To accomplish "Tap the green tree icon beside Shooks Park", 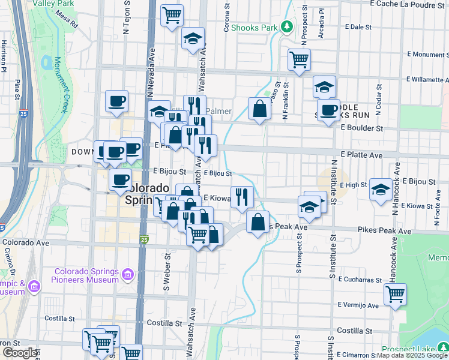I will click(288, 26).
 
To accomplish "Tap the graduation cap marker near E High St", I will click(381, 190).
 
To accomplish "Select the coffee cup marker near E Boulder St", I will click(328, 110).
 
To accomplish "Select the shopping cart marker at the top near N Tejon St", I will click(172, 14).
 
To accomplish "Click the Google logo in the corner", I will click(19, 353).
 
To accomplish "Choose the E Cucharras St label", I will click(360, 280).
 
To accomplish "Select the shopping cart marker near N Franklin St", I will click(298, 59).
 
